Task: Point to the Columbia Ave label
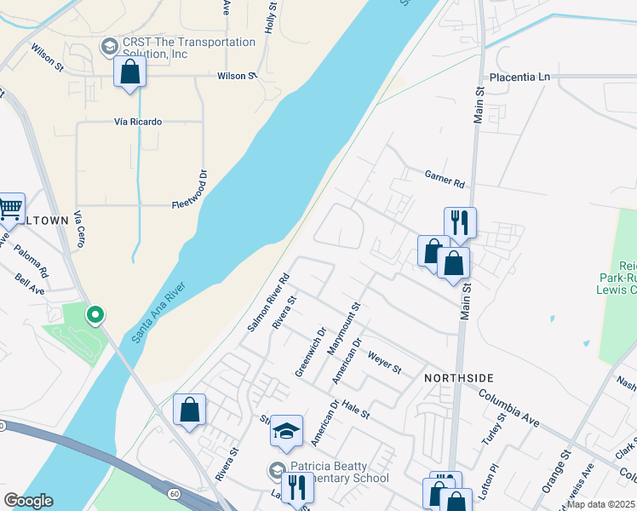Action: [509, 397]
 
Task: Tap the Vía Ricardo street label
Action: [138, 122]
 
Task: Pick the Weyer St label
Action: [384, 364]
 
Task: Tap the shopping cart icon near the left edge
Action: [10, 207]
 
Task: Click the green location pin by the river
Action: [96, 316]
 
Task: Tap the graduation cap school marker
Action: [287, 433]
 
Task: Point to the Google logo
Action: [28, 501]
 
